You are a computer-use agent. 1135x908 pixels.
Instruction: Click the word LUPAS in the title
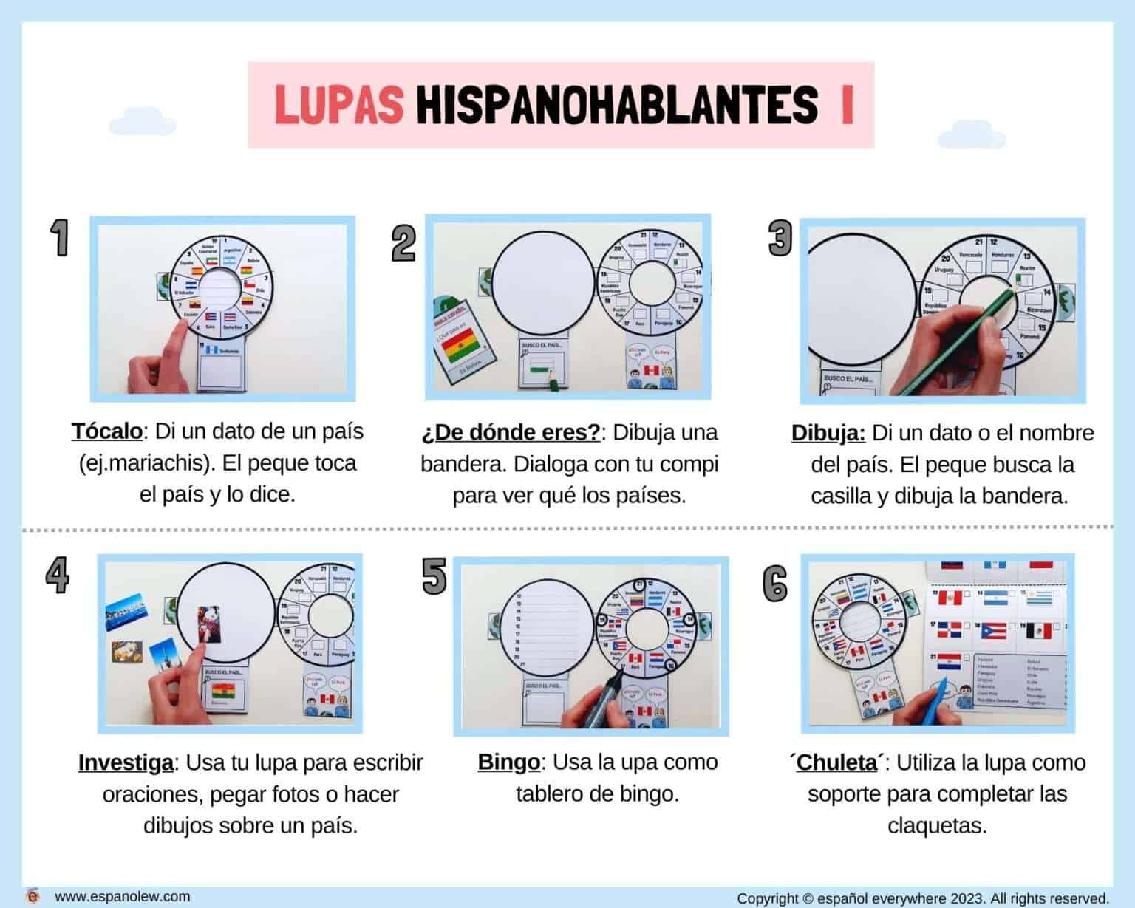[339, 105]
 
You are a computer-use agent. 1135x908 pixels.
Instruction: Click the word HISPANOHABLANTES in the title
[617, 105]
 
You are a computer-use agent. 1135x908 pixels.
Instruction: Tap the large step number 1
[59, 238]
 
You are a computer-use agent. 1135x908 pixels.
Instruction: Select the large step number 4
[57, 575]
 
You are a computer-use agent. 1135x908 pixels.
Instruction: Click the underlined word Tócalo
[106, 431]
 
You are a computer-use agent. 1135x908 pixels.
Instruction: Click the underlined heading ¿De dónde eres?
[511, 432]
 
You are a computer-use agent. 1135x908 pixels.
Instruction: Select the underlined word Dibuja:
[828, 433]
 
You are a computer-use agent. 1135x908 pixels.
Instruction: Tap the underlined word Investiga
[126, 762]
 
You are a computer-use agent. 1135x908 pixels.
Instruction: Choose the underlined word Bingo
[508, 762]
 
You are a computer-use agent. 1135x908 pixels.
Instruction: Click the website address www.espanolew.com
[122, 896]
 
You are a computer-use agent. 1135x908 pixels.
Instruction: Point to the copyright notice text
[923, 898]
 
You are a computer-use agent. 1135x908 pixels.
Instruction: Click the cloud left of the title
[142, 126]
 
